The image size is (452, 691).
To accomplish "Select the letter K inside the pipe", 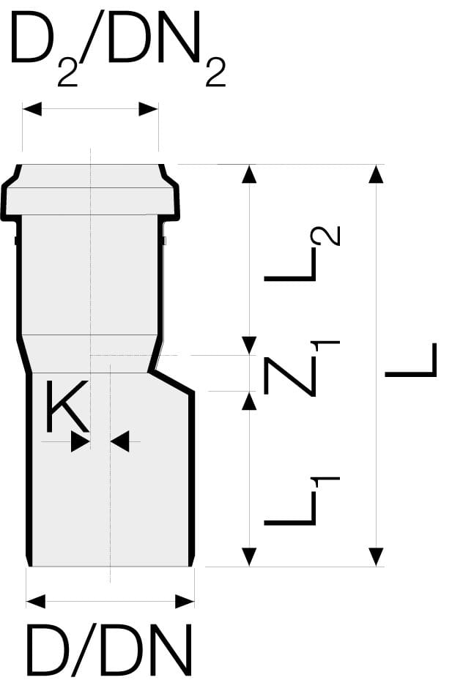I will pyautogui.click(x=67, y=408).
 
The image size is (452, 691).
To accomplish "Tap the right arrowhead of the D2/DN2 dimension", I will pyautogui.click(x=149, y=110).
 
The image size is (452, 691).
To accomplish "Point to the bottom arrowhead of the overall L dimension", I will pyautogui.click(x=376, y=556).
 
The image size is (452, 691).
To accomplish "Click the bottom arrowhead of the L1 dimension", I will pyautogui.click(x=250, y=556).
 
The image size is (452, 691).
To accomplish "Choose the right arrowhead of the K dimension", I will pyautogui.click(x=119, y=441).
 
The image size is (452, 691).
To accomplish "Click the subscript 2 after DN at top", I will pyautogui.click(x=215, y=72).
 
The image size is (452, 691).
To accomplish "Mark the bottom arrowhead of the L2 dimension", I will pyautogui.click(x=250, y=345).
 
